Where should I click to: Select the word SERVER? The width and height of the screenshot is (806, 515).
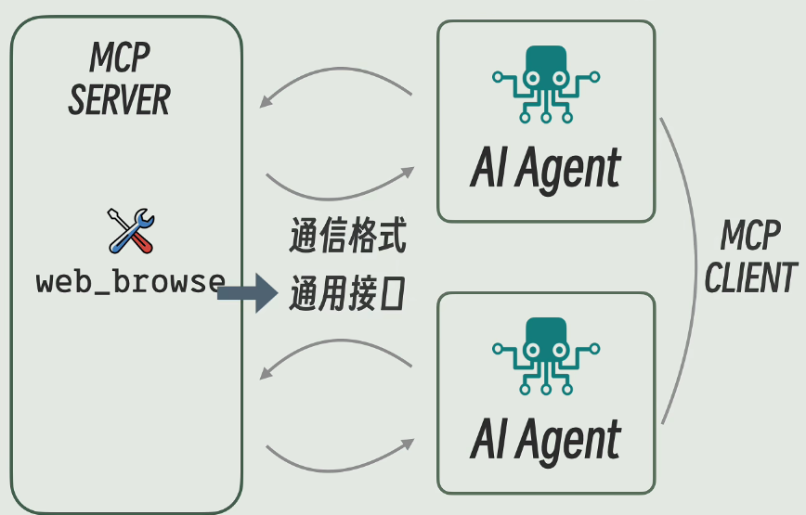120,100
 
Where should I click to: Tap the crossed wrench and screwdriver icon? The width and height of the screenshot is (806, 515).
131,231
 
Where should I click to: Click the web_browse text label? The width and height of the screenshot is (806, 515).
130,282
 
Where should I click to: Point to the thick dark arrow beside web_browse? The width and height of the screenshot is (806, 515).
246,293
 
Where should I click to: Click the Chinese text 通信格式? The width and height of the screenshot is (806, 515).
346,238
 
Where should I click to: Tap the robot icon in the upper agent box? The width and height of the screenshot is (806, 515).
545,83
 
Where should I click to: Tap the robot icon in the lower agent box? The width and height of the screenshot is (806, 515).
545,356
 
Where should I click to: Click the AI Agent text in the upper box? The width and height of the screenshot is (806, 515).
545,170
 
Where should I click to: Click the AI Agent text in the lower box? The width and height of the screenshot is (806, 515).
545,440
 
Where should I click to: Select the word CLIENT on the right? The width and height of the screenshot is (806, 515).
750,278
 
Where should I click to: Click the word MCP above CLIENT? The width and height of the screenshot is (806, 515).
750,238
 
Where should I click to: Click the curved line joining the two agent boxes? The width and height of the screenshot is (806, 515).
695,269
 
